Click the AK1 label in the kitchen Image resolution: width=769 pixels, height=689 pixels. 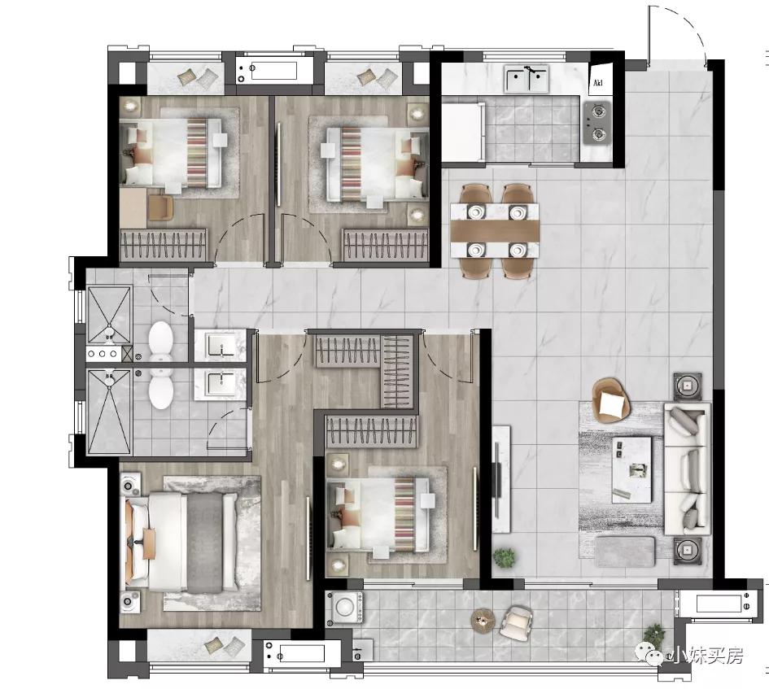[597, 83]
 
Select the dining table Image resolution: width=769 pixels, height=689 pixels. [495, 230]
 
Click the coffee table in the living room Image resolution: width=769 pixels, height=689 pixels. [631, 469]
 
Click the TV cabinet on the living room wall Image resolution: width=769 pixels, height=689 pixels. [501, 478]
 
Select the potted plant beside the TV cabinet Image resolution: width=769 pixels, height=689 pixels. [505, 557]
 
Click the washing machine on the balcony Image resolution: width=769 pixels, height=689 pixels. [347, 607]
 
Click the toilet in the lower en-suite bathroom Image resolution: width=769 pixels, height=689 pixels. [161, 389]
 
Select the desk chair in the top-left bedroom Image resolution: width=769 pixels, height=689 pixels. [160, 207]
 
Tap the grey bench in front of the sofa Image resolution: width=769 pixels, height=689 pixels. [625, 552]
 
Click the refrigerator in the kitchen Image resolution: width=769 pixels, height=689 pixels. [463, 132]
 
